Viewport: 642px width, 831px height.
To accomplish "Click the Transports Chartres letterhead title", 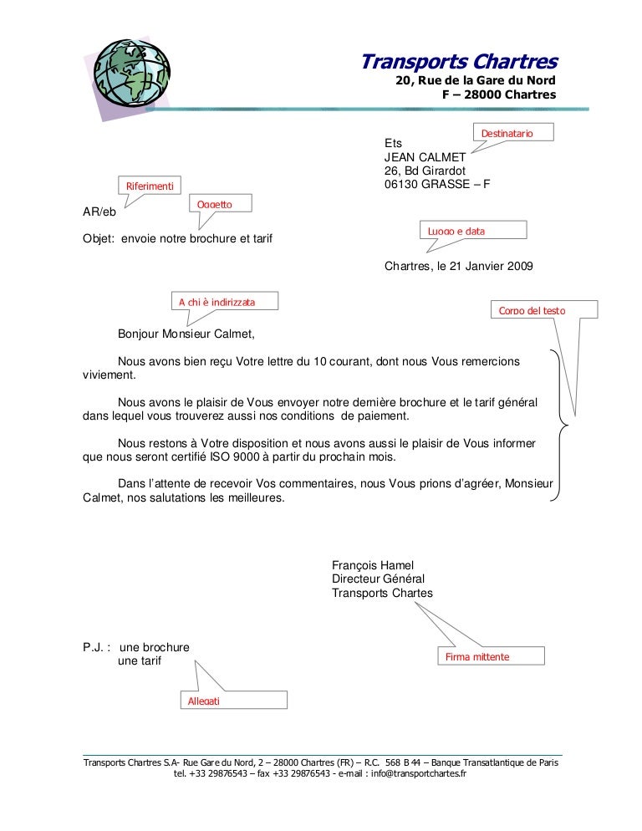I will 458,62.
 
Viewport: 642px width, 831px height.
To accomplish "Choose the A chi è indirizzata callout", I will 224,301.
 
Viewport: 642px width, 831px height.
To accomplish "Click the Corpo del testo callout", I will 543,310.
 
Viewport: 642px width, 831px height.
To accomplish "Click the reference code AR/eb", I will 99,212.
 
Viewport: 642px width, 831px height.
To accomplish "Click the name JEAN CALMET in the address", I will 419,156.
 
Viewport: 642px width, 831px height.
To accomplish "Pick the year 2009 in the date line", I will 519,267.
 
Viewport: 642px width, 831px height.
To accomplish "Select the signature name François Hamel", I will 373,564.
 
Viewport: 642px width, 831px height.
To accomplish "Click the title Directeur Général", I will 378,579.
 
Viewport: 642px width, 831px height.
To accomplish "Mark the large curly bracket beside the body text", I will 559,426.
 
